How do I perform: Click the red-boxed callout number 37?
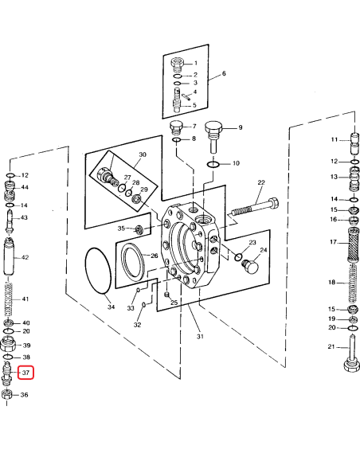point(25,373)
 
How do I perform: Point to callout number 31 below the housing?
point(201,336)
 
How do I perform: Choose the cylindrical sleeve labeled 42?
point(9,258)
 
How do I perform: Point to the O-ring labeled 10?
point(212,164)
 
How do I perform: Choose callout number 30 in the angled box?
point(142,155)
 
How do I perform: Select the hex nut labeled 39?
point(9,345)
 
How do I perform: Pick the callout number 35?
point(121,229)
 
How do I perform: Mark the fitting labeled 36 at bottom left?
point(8,394)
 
